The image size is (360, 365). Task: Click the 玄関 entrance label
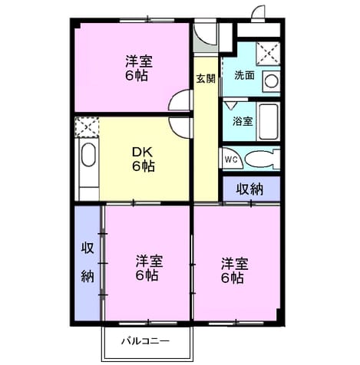point(206,78)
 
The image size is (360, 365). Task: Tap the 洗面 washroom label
point(244,75)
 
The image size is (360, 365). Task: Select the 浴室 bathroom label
point(243,121)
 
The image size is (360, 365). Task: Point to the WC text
point(231,159)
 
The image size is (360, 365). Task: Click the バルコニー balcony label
point(145,340)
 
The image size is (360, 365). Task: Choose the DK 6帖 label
point(143,159)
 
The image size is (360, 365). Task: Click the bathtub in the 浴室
point(268,121)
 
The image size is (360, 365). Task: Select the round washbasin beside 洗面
point(271,81)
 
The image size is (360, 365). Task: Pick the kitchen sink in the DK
point(88,154)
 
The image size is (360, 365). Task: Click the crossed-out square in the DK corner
point(87,127)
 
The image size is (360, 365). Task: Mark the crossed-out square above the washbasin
point(268,53)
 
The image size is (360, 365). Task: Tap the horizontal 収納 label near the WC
point(249,189)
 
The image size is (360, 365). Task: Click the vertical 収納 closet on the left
point(88,262)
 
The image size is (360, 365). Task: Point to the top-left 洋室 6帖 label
point(138,68)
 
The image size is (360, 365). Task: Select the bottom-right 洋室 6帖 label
point(234,271)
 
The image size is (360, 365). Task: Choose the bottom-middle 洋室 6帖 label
point(149,268)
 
